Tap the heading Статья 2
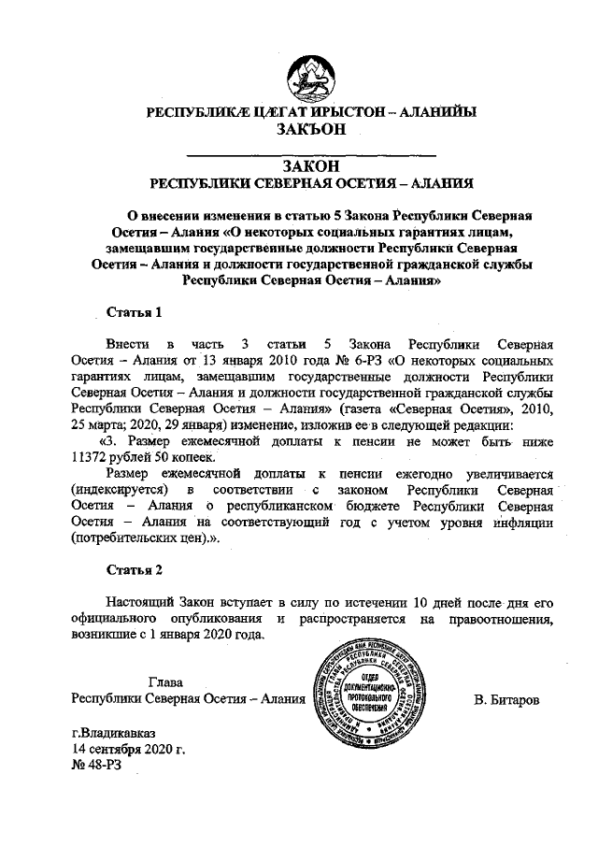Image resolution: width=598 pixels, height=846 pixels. [x=138, y=568]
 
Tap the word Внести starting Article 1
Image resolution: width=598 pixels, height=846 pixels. [x=128, y=342]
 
